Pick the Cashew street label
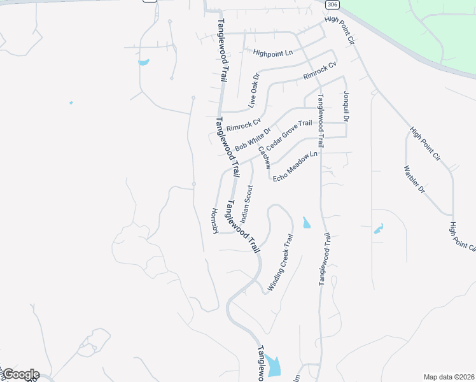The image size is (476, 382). tap(264, 157)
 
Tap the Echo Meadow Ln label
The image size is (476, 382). tap(295, 167)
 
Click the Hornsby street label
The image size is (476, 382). tap(214, 220)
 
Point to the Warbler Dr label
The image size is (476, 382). tap(414, 180)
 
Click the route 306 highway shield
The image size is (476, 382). tap(331, 4)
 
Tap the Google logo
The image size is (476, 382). tap(20, 374)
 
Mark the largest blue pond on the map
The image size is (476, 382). tap(274, 365)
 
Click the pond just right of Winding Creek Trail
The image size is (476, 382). tap(306, 223)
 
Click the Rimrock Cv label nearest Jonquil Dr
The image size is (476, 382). tap(319, 70)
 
